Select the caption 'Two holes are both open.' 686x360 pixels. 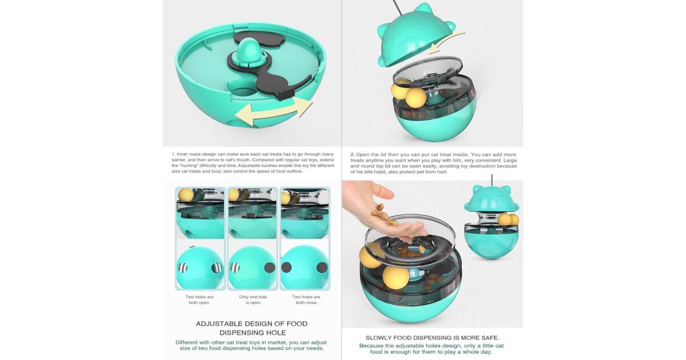200,299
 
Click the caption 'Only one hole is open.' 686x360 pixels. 253,299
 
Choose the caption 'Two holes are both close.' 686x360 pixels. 306,299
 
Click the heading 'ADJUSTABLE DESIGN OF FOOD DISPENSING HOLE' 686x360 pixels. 252,328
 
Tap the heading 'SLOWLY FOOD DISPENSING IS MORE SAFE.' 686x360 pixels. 432,338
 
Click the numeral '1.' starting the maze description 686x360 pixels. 173,154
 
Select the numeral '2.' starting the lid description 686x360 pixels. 353,155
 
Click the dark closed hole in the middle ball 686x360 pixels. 270,268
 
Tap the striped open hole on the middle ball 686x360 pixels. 235,268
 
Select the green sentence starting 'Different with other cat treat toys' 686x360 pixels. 251,345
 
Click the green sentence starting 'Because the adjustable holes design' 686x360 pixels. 431,349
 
